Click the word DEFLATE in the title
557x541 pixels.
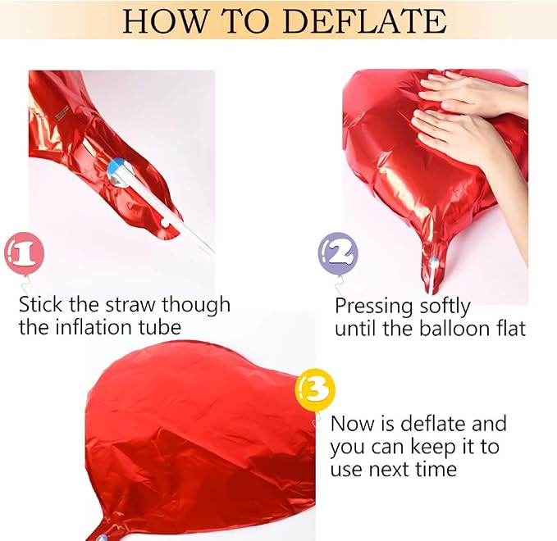(x=365, y=21)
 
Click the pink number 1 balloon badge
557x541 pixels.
(x=24, y=253)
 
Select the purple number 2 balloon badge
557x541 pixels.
(x=338, y=253)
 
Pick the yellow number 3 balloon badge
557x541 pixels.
(x=315, y=390)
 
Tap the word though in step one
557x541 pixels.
(x=196, y=306)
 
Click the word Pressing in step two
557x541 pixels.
(x=374, y=307)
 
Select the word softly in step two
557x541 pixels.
(x=445, y=307)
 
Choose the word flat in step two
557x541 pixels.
(x=510, y=329)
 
